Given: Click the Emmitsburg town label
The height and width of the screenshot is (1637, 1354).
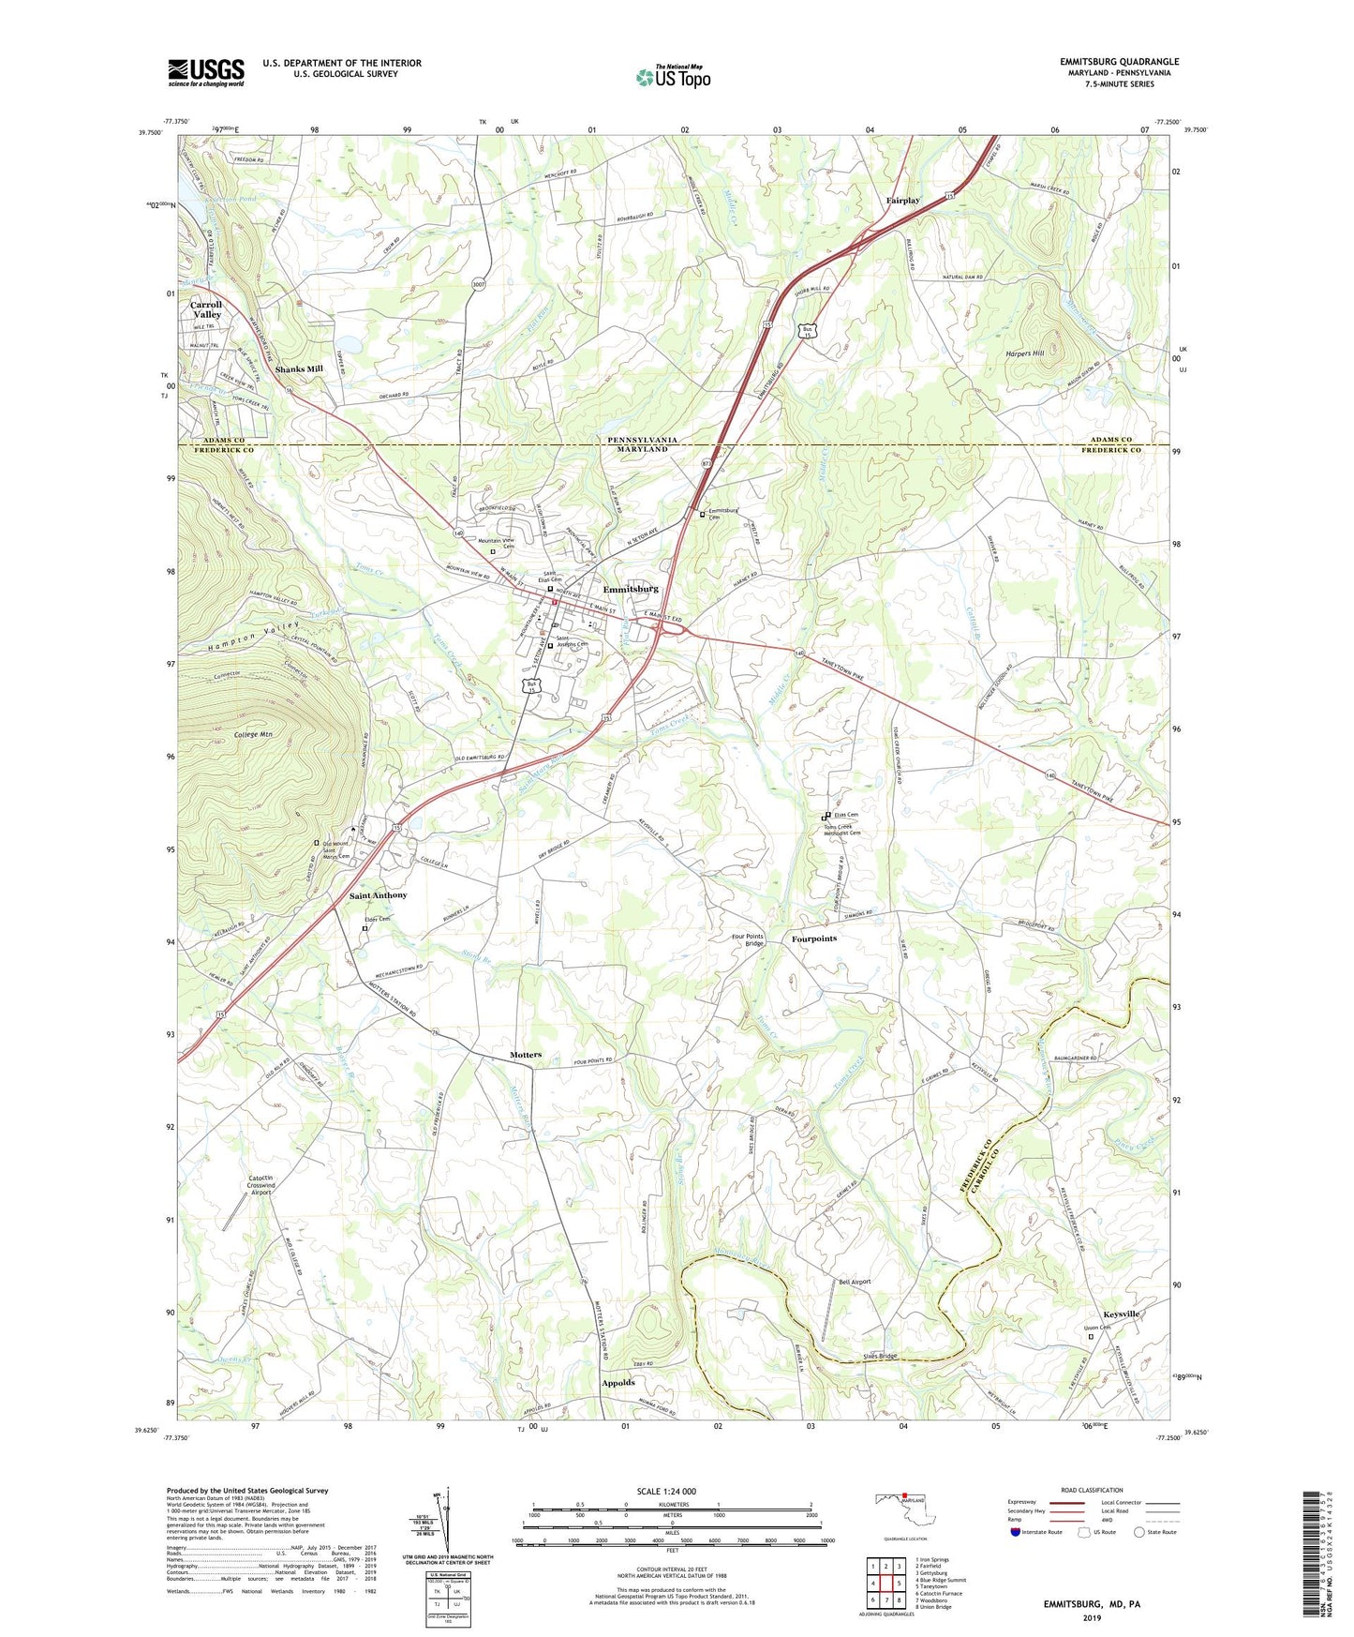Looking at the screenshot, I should (631, 589).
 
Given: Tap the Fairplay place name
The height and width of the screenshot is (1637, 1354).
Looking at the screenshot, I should (903, 201).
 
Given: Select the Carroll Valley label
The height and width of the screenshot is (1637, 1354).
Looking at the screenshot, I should (206, 309).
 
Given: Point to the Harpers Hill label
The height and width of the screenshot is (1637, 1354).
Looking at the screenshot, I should (1025, 353).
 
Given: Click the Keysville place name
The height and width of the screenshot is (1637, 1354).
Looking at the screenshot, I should (1121, 1314).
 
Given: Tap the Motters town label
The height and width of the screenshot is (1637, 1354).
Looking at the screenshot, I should (526, 1055).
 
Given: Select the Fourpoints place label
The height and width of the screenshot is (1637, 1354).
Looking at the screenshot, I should (813, 939).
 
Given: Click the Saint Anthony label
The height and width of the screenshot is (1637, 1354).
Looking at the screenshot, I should (379, 895).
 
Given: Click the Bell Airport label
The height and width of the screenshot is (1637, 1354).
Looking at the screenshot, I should (855, 1282).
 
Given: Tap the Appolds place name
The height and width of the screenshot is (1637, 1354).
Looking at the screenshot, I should (618, 1383).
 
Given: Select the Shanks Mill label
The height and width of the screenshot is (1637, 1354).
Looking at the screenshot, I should (299, 369).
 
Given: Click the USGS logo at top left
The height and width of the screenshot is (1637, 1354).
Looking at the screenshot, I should (206, 72).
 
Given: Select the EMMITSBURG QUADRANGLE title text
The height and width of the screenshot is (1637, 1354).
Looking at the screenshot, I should (1120, 62).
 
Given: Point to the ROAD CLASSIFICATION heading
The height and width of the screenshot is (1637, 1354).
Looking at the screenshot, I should (1093, 1490).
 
